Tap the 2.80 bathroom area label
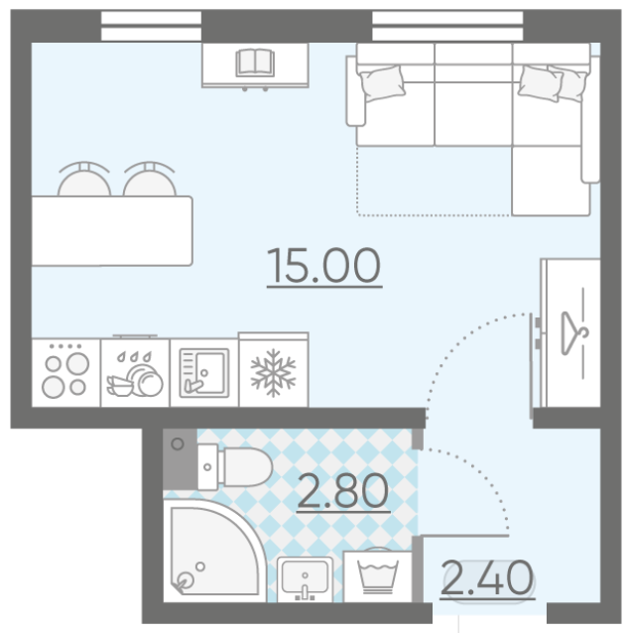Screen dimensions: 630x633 [x=343, y=491]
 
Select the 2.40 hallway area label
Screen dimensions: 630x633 [x=487, y=578]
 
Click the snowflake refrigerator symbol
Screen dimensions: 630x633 [x=273, y=373]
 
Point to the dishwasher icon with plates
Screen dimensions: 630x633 [x=135, y=373]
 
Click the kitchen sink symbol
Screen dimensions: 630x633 [x=204, y=373]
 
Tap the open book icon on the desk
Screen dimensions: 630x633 [x=255, y=63]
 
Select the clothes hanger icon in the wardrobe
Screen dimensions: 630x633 [x=574, y=333]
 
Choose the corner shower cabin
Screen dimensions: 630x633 [x=214, y=551]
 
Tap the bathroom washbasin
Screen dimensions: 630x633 [x=306, y=578]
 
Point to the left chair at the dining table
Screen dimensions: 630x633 [x=84, y=180]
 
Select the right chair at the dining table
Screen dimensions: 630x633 [x=150, y=180]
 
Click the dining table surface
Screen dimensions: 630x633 [x=112, y=231]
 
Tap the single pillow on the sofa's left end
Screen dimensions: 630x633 [x=382, y=82]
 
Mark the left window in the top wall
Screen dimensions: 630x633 [x=151, y=26]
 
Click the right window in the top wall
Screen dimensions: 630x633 [x=447, y=26]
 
